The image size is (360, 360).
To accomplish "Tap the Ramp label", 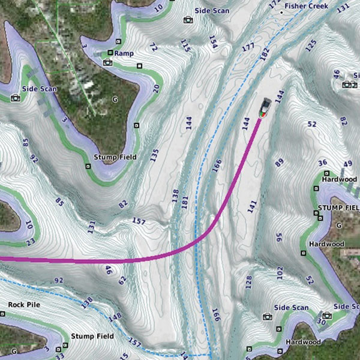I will click(124, 53).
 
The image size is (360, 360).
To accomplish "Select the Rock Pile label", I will click(24, 305).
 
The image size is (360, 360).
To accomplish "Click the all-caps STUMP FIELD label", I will click(337, 208).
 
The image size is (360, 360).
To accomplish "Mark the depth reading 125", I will click(310, 44).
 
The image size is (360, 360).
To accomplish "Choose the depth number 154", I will click(212, 41).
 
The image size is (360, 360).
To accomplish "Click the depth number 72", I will click(153, 47).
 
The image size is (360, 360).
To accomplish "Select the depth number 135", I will click(154, 155).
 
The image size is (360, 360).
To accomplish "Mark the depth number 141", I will click(251, 207).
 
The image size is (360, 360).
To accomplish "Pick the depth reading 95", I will click(279, 236).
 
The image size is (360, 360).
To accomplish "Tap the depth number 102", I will click(280, 274).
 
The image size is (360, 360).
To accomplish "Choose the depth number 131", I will click(91, 227).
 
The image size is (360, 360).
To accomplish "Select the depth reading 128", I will click(248, 281).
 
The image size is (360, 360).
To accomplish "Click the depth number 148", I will click(116, 316).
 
